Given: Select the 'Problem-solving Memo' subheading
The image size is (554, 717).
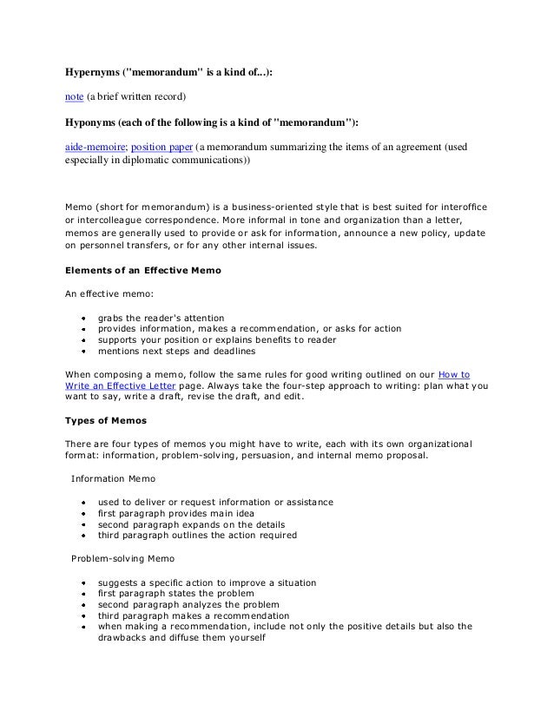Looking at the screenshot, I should tap(122, 558).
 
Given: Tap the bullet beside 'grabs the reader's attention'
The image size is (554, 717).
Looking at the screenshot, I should tap(82, 319).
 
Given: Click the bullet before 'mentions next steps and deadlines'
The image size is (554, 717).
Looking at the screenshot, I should tap(82, 352).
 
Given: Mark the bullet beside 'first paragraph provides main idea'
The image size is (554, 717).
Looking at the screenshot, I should tap(82, 514).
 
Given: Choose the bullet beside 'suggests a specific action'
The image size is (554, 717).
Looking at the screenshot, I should tap(82, 582).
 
